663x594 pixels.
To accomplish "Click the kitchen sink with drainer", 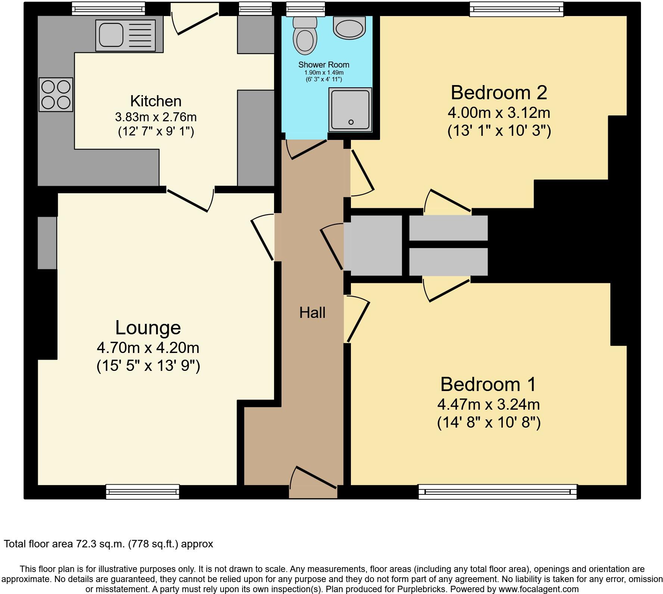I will pyautogui.click(x=125, y=35).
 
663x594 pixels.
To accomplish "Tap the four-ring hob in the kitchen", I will pyautogui.click(x=56, y=94).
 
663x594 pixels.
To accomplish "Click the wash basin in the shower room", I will pyautogui.click(x=349, y=28).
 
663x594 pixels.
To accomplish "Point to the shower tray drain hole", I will pyautogui.click(x=351, y=122).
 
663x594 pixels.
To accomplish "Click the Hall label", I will pyautogui.click(x=312, y=313).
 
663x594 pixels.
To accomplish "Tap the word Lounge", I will pyautogui.click(x=148, y=328).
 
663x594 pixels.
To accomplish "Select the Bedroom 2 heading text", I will pyautogui.click(x=499, y=93).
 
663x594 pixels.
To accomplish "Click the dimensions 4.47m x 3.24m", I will pyautogui.click(x=489, y=404).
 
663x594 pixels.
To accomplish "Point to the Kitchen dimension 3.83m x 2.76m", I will pyautogui.click(x=156, y=117).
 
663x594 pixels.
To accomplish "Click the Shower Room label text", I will pyautogui.click(x=324, y=65).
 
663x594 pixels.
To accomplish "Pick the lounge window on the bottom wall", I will pyautogui.click(x=143, y=491).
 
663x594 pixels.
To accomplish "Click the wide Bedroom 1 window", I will pyautogui.click(x=498, y=491).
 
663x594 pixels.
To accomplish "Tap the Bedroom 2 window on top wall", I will pyautogui.click(x=516, y=9).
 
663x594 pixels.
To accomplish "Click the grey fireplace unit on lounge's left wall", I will pyautogui.click(x=47, y=243).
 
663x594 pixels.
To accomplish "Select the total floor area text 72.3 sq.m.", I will pyautogui.click(x=108, y=544).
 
